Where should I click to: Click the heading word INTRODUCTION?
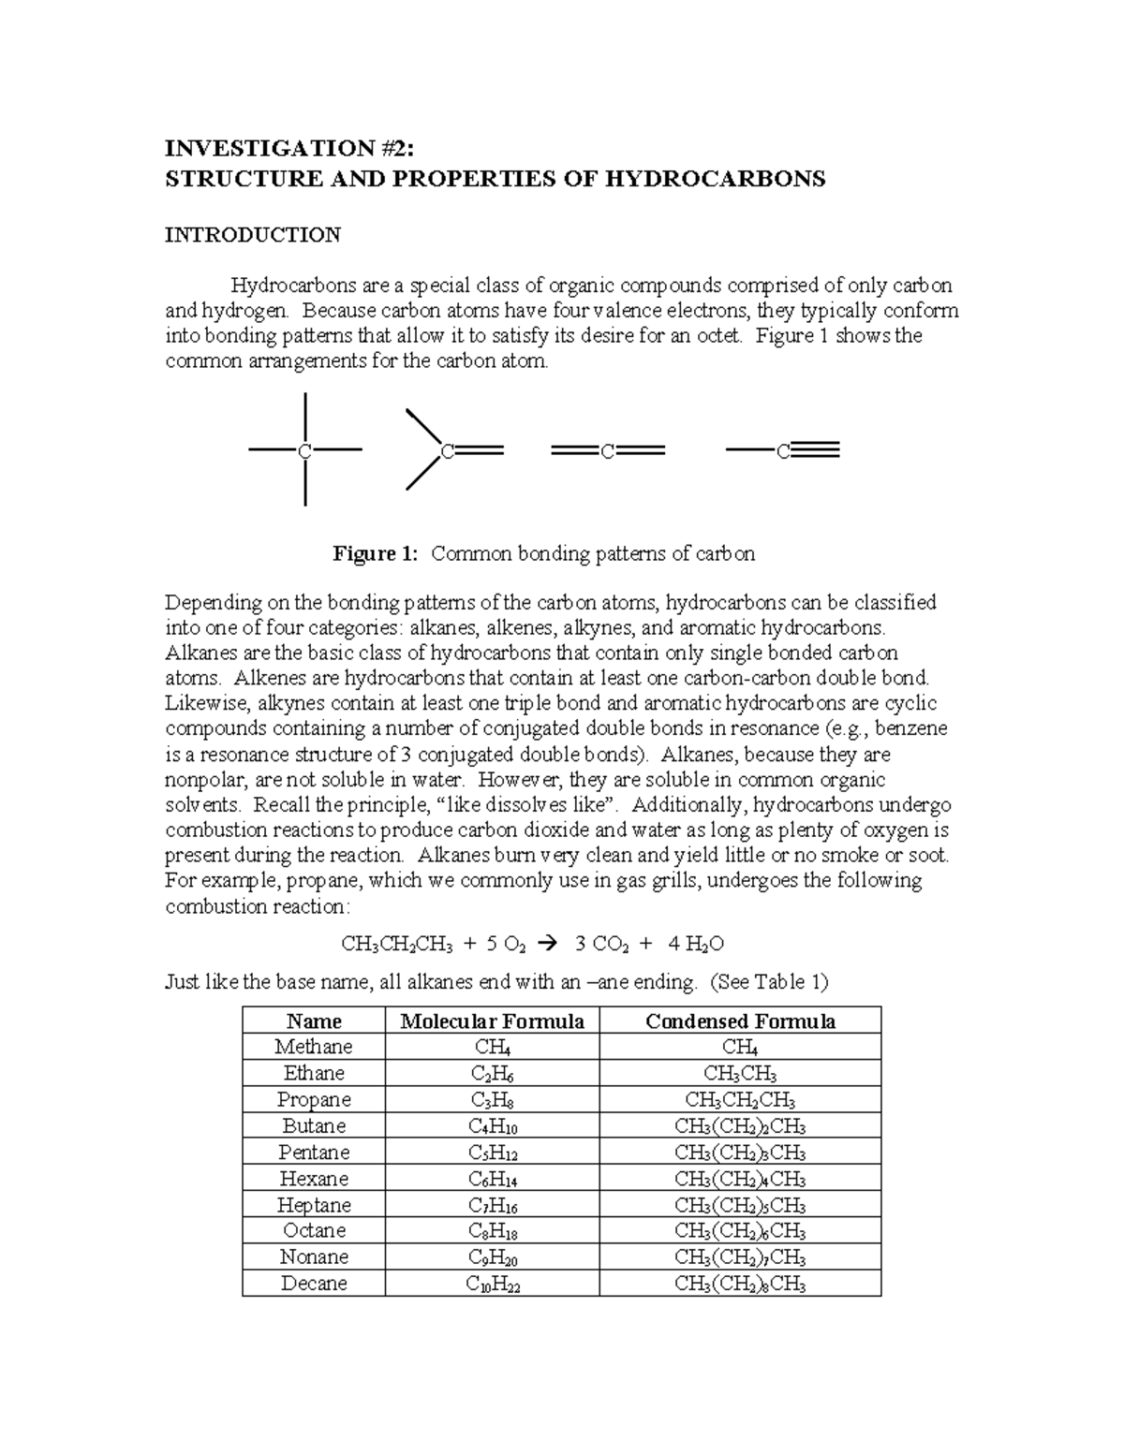tap(253, 235)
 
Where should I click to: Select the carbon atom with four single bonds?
tap(304, 451)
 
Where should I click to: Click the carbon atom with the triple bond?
tap(782, 451)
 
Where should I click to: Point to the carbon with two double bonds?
tap(608, 451)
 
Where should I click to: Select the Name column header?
tap(314, 1021)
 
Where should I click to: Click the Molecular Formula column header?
tap(492, 1021)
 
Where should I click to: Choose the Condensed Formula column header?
tap(740, 1021)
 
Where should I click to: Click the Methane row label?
tap(314, 1047)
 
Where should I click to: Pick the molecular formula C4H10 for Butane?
tap(492, 1126)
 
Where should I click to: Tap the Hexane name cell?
tap(314, 1179)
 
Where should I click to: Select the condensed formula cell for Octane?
tap(740, 1231)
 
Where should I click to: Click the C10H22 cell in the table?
tap(492, 1284)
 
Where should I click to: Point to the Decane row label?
tap(314, 1284)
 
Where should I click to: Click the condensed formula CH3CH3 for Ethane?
tap(740, 1074)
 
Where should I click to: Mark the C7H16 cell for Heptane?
tap(492, 1205)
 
